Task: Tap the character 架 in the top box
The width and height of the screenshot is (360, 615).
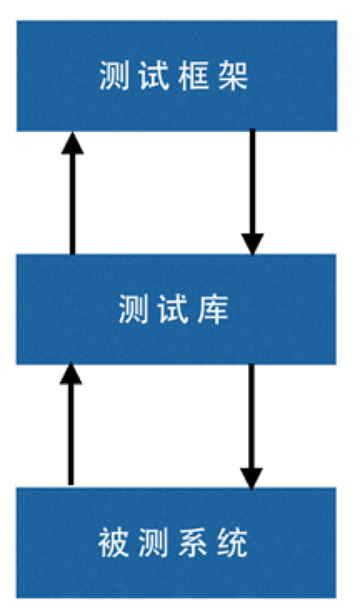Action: (234, 76)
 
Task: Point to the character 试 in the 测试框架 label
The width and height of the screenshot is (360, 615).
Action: (154, 76)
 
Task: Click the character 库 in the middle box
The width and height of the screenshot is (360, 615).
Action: (213, 309)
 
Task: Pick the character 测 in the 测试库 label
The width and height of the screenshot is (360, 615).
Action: (134, 309)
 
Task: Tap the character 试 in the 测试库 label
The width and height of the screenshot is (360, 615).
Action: (174, 309)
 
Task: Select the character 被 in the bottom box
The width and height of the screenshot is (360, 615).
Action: (114, 543)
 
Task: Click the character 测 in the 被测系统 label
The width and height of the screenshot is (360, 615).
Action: (153, 543)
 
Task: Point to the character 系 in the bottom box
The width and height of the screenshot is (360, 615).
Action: (193, 543)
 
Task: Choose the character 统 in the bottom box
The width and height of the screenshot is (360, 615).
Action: (233, 543)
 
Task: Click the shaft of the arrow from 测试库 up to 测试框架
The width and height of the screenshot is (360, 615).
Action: (73, 204)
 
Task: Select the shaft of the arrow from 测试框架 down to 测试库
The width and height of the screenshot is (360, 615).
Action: (253, 182)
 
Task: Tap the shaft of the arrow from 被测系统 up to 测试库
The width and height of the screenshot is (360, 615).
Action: (71, 434)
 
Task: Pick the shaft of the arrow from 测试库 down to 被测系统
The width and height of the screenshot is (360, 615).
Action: (251, 416)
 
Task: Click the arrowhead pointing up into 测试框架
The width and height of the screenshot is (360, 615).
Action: (73, 143)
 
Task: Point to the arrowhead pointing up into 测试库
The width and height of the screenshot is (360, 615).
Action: (71, 373)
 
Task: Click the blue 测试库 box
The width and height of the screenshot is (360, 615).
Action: (176, 309)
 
